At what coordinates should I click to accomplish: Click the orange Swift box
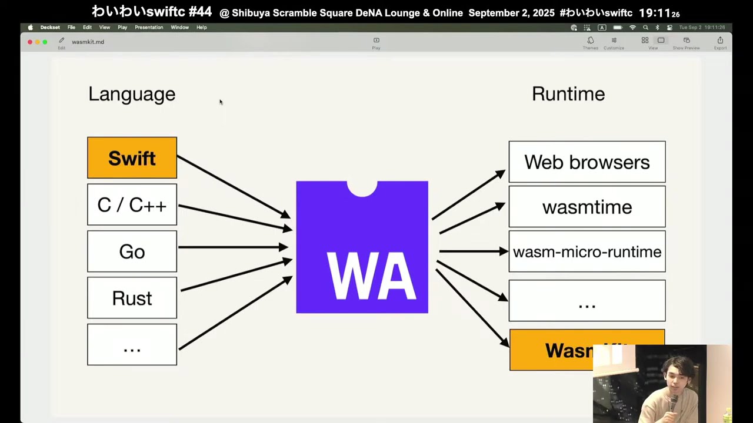pos(132,158)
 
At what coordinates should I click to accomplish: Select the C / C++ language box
pos(132,204)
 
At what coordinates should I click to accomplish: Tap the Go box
pos(132,251)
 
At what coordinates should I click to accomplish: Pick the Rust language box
pos(132,298)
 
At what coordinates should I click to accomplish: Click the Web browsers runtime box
pos(587,162)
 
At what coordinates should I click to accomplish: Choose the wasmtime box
pos(587,207)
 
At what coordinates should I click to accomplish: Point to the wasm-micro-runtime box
pos(587,251)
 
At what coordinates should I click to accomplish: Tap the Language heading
pos(132,94)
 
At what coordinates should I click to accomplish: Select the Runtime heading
pos(568,94)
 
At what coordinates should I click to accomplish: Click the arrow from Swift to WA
pos(233,186)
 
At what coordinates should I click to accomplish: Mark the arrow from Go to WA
pos(233,247)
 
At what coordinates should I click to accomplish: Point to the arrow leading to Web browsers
pos(468,195)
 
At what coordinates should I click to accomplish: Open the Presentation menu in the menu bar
pos(149,28)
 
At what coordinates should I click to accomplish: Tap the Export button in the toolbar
pos(720,42)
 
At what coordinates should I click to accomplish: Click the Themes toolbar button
pos(590,42)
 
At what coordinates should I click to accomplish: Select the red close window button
pos(30,42)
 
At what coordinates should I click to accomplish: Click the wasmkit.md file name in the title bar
pos(88,42)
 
